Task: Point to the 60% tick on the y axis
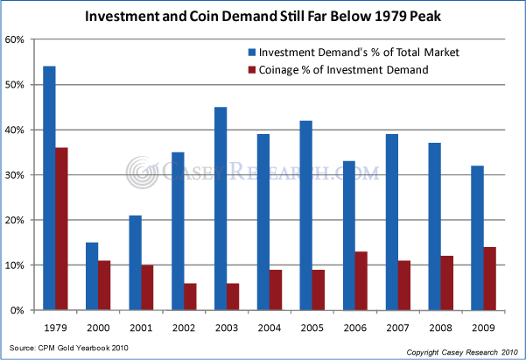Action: click(32, 39)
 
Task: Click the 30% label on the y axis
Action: click(17, 175)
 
